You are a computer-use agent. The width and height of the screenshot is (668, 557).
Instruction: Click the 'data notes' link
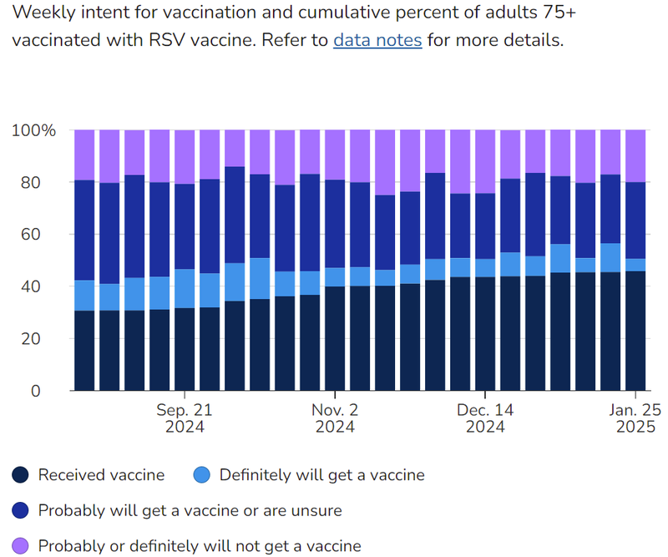click(377, 41)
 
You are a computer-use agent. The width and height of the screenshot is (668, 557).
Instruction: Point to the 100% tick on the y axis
click(34, 130)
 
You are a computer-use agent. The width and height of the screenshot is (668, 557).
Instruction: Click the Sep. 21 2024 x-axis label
click(185, 418)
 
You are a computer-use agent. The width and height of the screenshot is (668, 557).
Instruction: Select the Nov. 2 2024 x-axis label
click(335, 418)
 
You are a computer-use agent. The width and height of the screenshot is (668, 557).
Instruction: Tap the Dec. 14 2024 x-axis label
click(485, 418)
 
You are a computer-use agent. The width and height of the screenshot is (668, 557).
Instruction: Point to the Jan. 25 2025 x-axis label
click(635, 418)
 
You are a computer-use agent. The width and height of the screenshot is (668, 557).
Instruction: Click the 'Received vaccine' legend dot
click(22, 475)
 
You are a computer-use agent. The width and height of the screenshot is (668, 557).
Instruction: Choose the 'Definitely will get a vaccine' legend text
click(321, 475)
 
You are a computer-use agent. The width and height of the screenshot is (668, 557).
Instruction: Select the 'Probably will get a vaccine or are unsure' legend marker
click(22, 510)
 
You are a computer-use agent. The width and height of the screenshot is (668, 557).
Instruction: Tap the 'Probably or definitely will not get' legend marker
click(22, 546)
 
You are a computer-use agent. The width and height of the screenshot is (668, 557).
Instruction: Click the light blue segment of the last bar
click(635, 265)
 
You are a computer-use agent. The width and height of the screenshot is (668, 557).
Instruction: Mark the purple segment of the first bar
click(84, 155)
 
